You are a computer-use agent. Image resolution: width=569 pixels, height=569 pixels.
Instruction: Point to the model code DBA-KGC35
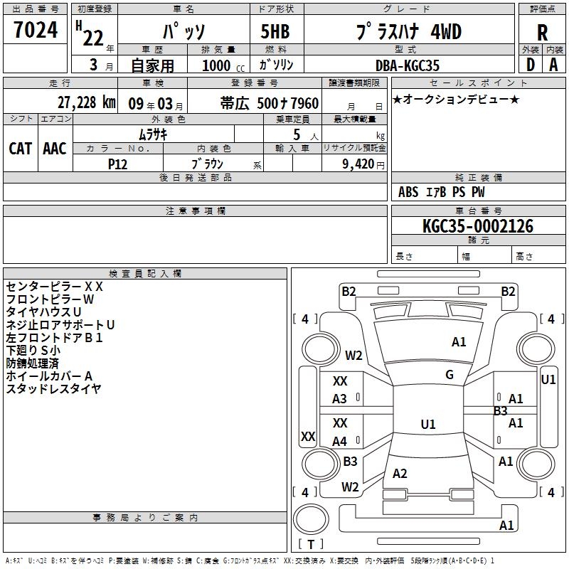click(x=408, y=65)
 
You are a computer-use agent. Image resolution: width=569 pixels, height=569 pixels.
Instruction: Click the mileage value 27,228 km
click(x=86, y=102)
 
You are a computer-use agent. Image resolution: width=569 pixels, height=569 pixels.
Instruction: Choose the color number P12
click(x=118, y=164)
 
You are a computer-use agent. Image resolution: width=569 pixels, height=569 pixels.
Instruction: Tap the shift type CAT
click(x=20, y=148)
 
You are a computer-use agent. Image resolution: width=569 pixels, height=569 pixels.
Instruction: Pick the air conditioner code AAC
click(x=55, y=148)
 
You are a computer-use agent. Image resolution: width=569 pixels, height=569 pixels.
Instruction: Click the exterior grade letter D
click(x=530, y=65)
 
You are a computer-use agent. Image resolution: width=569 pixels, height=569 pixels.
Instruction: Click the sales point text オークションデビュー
click(x=456, y=99)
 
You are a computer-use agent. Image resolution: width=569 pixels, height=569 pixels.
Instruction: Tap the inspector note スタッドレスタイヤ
click(x=53, y=388)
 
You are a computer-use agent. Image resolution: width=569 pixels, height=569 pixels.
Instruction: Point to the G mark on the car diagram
click(x=450, y=375)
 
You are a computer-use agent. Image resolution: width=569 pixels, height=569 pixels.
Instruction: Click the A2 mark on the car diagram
click(x=400, y=474)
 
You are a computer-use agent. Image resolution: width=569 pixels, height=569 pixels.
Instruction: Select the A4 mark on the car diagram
click(x=340, y=441)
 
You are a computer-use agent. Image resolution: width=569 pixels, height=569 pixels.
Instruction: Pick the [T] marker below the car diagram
click(x=311, y=545)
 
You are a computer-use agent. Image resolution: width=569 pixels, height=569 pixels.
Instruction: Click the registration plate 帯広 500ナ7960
click(x=270, y=102)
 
